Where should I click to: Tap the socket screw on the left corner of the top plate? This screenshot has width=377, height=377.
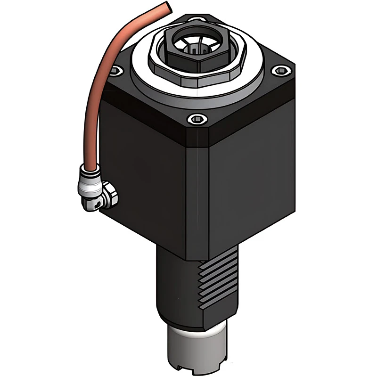[x=115, y=71]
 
